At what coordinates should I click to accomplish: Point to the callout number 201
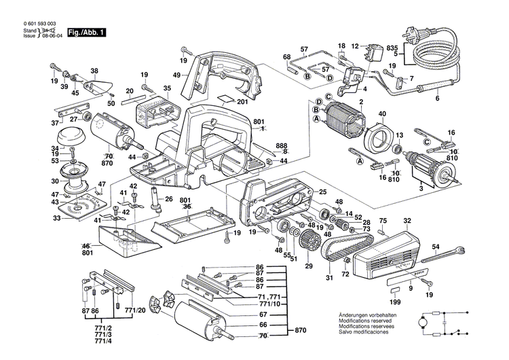click(x=243, y=102)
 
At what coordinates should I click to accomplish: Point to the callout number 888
click(x=282, y=145)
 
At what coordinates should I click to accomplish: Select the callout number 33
click(x=56, y=218)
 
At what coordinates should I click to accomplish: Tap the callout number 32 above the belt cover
click(x=407, y=221)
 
